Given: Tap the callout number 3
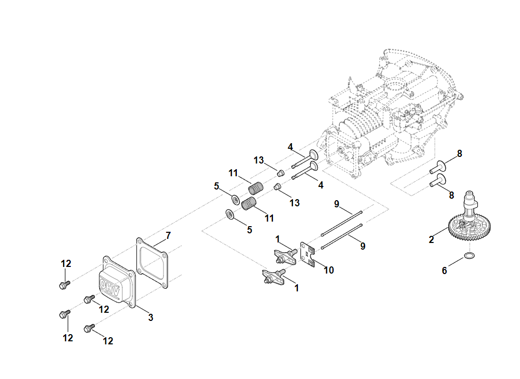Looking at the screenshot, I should tap(151, 317).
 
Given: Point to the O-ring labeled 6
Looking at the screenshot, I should tap(471, 254).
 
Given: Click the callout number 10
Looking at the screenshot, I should tap(329, 270).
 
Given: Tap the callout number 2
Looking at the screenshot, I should tap(431, 239).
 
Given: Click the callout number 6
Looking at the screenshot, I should tap(444, 270).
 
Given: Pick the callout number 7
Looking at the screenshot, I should tap(168, 235).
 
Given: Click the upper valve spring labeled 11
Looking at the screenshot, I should tap(256, 187).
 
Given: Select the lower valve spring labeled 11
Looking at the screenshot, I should tap(249, 203).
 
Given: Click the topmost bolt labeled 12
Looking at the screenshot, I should tap(64, 285).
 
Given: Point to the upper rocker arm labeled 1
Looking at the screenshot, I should tap(285, 256).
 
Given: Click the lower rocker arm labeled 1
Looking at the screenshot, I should tap(271, 278).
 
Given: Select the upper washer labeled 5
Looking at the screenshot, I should tap(236, 198).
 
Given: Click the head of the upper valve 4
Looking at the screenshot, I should tap(313, 154).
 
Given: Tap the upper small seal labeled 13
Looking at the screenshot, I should tap(280, 170).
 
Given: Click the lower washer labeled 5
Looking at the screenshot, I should tap(230, 214).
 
